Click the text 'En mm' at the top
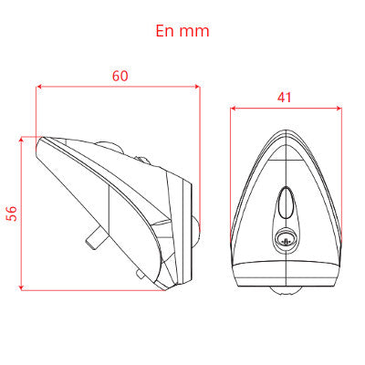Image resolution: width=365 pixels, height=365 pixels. (182, 31)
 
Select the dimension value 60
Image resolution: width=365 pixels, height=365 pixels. (120, 76)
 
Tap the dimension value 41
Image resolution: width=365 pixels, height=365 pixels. (285, 98)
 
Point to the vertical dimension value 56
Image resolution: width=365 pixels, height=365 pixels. (12, 214)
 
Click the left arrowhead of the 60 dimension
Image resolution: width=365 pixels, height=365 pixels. (38, 87)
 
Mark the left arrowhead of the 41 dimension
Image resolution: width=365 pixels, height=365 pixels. (234, 109)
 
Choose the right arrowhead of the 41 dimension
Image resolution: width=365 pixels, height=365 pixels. (339, 109)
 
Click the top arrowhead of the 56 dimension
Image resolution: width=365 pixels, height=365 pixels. (21, 140)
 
